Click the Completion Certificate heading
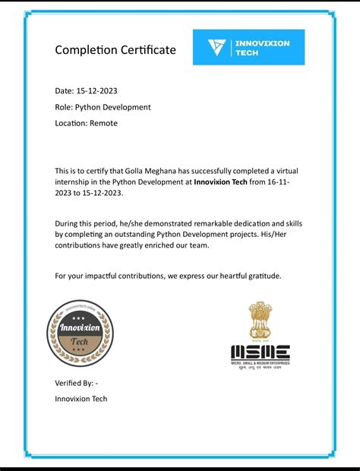pyautogui.click(x=115, y=50)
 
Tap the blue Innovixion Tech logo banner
pyautogui.click(x=248, y=47)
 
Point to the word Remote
pyautogui.click(x=103, y=123)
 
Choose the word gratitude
pyautogui.click(x=261, y=275)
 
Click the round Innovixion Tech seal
pyautogui.click(x=80, y=333)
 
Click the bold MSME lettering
pyautogui.click(x=260, y=352)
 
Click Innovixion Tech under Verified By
pyautogui.click(x=81, y=399)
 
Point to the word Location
pyautogui.click(x=71, y=123)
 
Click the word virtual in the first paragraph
pyautogui.click(x=282, y=171)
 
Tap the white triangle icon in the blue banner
pyautogui.click(x=216, y=47)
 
